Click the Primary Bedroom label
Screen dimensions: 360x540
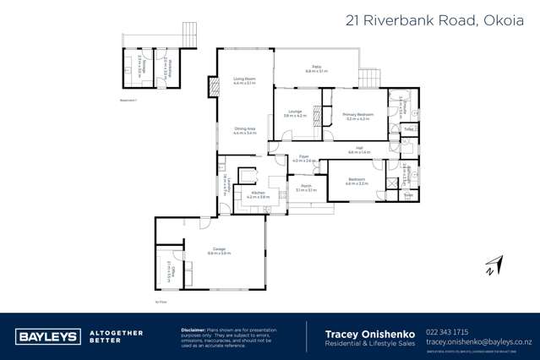[357, 115]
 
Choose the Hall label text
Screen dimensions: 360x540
[359, 149]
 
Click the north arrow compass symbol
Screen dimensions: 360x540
[493, 265]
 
